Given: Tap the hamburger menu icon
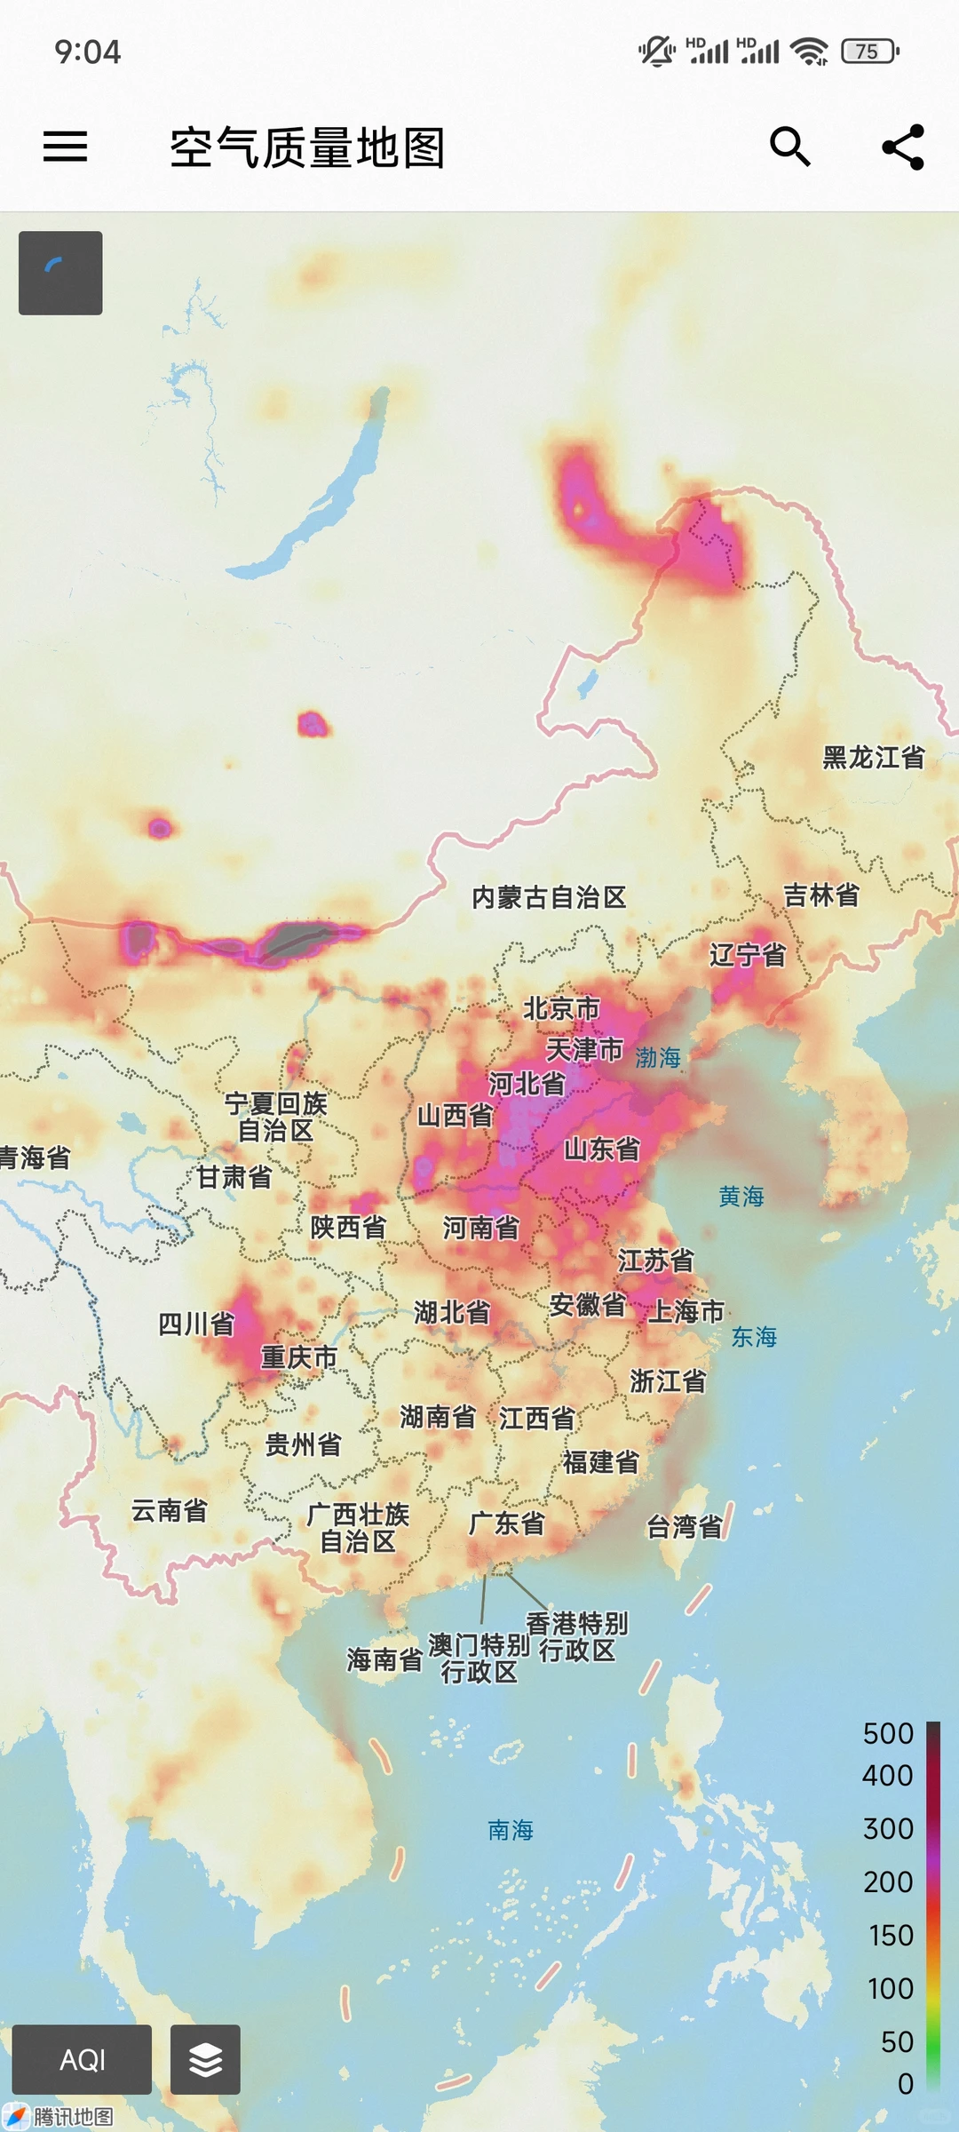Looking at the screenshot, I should [x=66, y=147].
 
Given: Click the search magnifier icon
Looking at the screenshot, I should [x=789, y=147].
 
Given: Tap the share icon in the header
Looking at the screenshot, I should [x=903, y=147].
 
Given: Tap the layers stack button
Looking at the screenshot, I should [x=205, y=2059].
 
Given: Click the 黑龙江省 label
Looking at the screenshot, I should [x=874, y=758].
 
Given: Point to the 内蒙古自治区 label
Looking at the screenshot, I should [x=549, y=897].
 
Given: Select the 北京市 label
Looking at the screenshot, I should [x=561, y=1009].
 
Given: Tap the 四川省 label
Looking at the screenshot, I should [x=196, y=1325].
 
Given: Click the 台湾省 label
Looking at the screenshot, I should [x=684, y=1527].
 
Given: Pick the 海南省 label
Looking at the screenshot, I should [x=384, y=1659].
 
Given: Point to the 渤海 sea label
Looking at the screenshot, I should [x=658, y=1057].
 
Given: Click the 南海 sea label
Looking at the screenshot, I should [x=511, y=1830].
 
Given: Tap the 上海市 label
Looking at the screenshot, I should [x=686, y=1311].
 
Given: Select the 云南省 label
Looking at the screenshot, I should [x=169, y=1510].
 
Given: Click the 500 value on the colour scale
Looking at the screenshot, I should [x=888, y=1733].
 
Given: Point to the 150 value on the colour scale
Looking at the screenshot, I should [x=891, y=1935].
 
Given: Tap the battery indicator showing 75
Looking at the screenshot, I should [x=869, y=52].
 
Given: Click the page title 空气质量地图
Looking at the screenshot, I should [x=307, y=147].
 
